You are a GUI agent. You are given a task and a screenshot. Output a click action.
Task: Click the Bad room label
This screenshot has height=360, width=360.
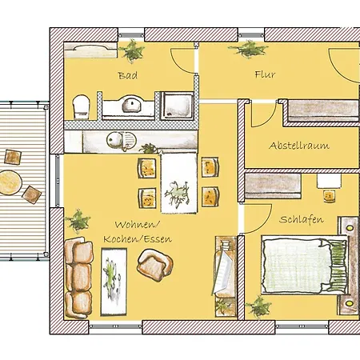click(128, 75)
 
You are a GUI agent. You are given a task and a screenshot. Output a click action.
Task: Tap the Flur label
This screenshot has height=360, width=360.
click(265, 74)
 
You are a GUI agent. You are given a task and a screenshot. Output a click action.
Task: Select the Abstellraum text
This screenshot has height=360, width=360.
click(299, 146)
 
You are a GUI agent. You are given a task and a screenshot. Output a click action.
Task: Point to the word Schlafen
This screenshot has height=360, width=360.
click(302, 219)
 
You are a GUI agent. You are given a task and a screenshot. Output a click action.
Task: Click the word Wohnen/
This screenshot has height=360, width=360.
click(138, 225)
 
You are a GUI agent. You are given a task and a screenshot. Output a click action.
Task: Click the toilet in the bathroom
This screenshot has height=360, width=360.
click(82, 106)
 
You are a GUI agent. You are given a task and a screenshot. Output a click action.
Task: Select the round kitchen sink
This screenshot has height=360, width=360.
click(114, 139)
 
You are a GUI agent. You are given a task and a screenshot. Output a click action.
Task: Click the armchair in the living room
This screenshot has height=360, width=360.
click(154, 265)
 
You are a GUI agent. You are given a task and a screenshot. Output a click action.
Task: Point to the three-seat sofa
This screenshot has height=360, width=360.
click(78, 278)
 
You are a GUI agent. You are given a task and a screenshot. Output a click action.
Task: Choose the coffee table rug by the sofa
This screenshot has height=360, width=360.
click(114, 282)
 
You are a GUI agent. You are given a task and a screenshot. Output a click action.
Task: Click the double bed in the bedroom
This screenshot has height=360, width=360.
click(305, 265)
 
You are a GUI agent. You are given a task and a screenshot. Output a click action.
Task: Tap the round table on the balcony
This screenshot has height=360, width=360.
click(10, 182)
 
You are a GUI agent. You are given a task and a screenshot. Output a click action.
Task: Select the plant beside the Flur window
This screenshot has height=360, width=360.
click(248, 49)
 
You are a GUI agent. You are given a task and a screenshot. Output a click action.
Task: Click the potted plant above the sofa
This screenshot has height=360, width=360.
click(78, 221)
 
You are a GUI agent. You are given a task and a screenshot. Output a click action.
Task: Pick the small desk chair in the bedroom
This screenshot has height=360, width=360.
click(329, 196)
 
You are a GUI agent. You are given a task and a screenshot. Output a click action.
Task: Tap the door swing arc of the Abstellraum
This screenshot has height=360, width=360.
click(267, 118)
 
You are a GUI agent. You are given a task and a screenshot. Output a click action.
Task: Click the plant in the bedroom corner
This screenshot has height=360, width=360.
click(258, 306)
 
